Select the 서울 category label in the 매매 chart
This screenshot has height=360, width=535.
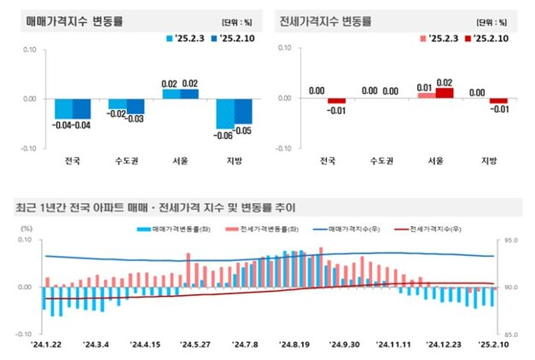[x=179, y=160]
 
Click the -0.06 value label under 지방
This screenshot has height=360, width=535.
[x=223, y=136]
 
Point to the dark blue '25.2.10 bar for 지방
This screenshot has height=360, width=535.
[x=243, y=111]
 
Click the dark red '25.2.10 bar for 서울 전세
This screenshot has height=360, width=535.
[x=445, y=93]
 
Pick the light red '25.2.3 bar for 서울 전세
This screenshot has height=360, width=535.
[x=426, y=96]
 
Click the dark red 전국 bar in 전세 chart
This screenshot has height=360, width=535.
[x=336, y=101]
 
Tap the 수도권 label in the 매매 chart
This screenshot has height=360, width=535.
[x=126, y=160]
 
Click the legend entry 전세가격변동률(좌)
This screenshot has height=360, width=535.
[x=256, y=229]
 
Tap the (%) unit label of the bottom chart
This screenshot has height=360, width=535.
[x=26, y=229]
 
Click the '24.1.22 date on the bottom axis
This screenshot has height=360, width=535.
[x=48, y=345]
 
